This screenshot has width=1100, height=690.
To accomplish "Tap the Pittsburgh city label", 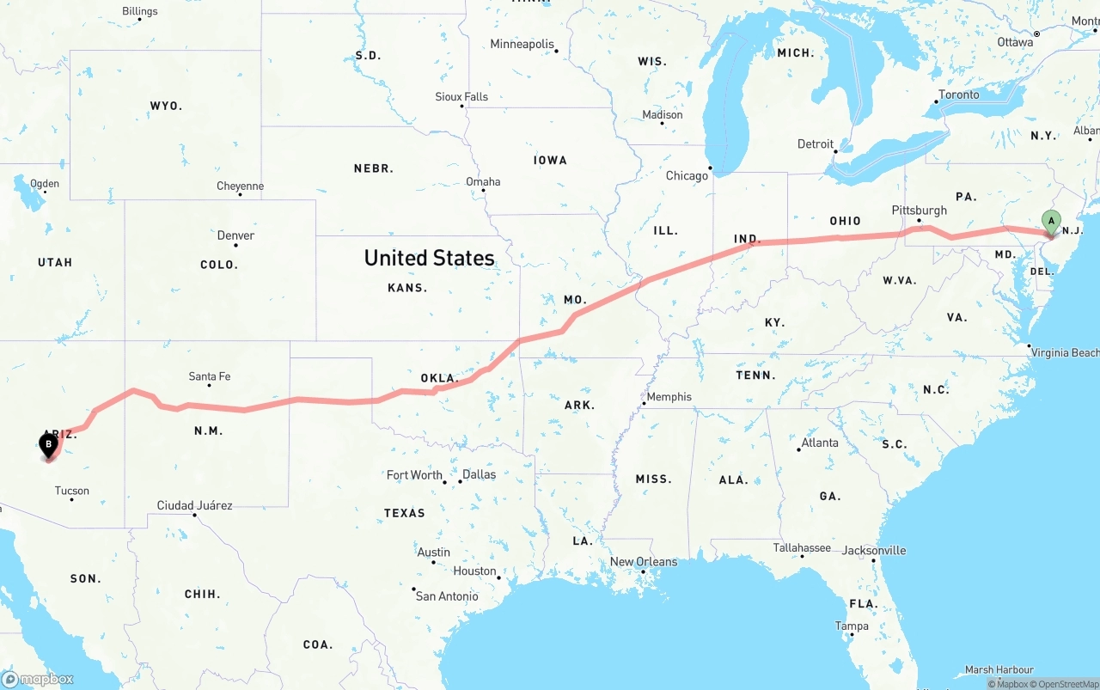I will pos(919,210).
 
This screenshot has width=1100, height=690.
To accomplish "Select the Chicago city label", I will pos(687,175).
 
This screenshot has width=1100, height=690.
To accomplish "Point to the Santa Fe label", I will pos(210,376).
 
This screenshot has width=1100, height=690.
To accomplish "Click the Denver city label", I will pos(235,235).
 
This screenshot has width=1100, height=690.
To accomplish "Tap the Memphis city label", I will pos(669,396).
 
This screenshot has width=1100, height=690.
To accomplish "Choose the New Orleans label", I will pos(644,562).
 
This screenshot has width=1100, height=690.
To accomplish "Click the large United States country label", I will pos(429,258).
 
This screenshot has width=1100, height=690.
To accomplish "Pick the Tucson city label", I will pos(71,491).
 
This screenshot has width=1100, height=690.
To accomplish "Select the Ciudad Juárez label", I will pos(194,505).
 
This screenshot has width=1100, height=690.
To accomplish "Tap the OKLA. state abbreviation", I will pos(440,378).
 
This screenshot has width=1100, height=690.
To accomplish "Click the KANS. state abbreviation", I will pos(407,288).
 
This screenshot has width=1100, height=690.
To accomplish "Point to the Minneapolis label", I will pos(522,44).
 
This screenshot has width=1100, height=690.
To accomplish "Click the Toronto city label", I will pos(958,95).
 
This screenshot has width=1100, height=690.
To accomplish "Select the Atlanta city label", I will pos(819,443).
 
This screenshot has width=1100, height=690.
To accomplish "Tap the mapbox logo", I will pos(38,679).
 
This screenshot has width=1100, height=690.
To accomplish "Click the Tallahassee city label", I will pos(801,547).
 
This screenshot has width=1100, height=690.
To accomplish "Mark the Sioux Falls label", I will pos(461,97).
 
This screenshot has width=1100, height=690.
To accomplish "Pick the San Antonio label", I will pos(447,595).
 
